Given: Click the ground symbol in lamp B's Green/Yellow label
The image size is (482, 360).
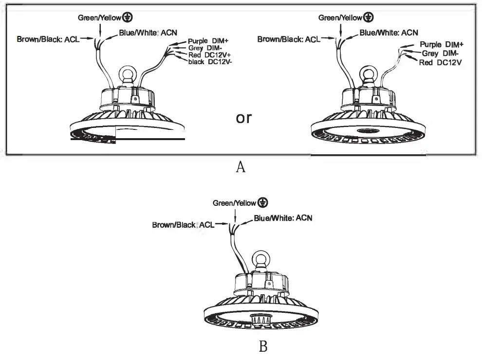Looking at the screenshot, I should click(x=263, y=202).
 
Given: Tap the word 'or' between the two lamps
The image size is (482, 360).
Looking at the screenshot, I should click(x=243, y=118).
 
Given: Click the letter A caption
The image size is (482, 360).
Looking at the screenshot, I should click(x=241, y=167).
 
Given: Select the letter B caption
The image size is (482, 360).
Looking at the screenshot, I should click(x=263, y=346).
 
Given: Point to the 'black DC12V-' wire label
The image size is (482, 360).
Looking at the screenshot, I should click(x=210, y=62).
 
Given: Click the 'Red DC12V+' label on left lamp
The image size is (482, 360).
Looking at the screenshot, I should click(x=209, y=55).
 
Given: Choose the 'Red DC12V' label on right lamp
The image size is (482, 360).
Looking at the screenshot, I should click(x=441, y=62).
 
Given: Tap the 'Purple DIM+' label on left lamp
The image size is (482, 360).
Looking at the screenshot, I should click(x=208, y=41).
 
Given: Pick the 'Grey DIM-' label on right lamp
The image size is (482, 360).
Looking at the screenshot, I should click(x=441, y=54).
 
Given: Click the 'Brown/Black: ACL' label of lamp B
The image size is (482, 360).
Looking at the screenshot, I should click(x=183, y=225).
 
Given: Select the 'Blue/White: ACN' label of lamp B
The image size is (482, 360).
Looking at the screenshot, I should click(x=283, y=218).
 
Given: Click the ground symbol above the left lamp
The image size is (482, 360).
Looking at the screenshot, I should click(x=128, y=18).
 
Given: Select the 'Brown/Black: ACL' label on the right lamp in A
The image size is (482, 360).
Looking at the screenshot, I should click(x=288, y=39).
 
